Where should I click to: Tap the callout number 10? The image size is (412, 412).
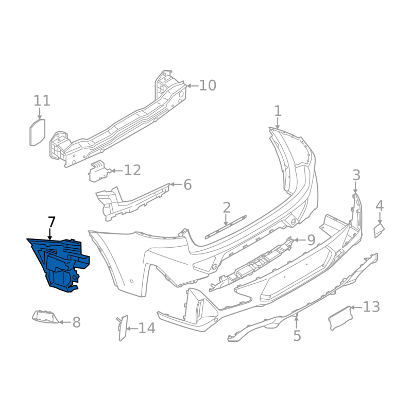[208, 85]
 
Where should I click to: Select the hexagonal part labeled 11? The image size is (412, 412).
[37, 132]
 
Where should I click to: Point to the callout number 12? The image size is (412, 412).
[132, 170]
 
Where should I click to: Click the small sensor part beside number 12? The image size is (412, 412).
[99, 171]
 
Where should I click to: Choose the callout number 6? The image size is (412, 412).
[187, 185]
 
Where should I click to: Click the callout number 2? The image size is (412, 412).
[227, 208]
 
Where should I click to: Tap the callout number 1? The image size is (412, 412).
[278, 111]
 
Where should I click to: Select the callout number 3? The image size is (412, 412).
[356, 175]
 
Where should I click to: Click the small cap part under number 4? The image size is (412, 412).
[379, 230]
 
